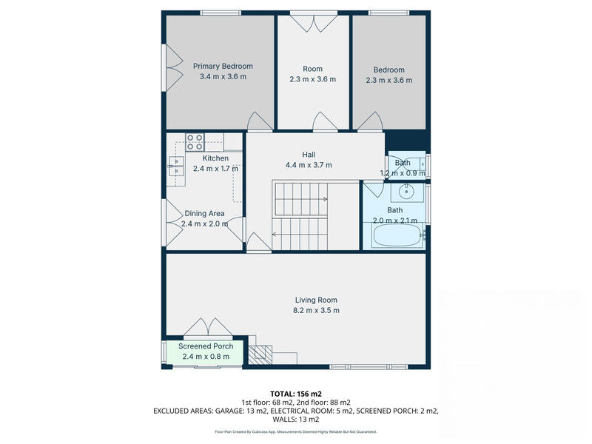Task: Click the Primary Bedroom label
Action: [223, 66]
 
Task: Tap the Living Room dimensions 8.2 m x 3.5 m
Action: [316, 310]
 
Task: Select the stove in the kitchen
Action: [195, 141]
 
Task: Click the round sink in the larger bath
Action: [407, 192]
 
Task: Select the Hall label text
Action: [309, 154]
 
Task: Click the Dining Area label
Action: [204, 213]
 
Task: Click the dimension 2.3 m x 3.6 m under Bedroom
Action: [388, 80]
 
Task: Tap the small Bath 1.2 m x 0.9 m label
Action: [403, 168]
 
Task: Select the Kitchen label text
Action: [215, 158]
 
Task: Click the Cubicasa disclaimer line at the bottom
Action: [295, 431]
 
